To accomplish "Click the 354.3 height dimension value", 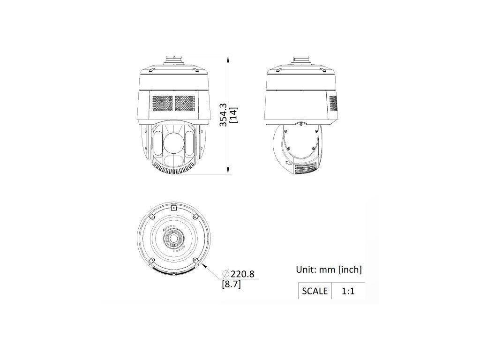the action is [x=224, y=115].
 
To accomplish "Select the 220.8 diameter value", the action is [x=243, y=274].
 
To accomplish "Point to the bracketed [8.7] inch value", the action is [x=232, y=285].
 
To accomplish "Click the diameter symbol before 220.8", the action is [x=226, y=274].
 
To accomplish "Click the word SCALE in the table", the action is [x=315, y=291].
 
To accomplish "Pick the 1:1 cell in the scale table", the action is [x=348, y=291].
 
